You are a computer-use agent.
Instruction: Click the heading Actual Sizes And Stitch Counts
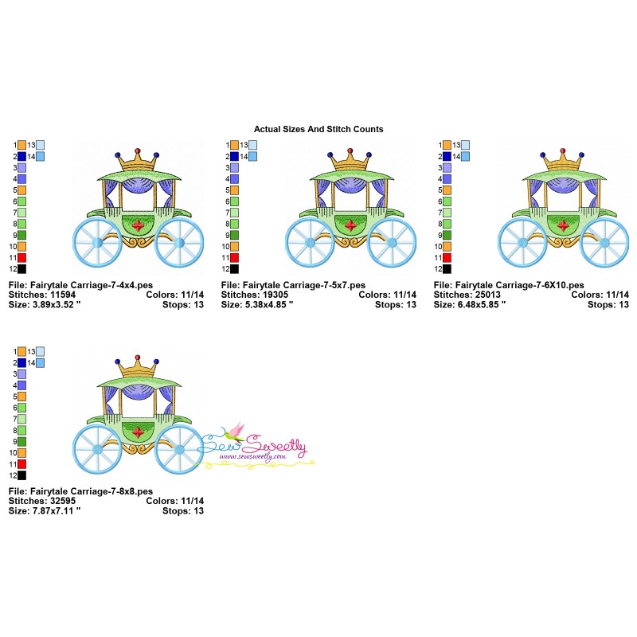click(318, 129)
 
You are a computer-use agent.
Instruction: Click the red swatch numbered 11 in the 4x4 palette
click(22, 257)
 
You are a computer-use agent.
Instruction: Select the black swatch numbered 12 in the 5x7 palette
click(234, 269)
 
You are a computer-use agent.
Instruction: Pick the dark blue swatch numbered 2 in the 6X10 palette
click(447, 156)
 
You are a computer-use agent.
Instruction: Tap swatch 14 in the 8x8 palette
click(41, 363)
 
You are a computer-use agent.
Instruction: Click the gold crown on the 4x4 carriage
click(137, 161)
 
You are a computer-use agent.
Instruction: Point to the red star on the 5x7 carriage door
click(350, 225)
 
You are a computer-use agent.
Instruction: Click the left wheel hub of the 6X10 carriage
click(523, 243)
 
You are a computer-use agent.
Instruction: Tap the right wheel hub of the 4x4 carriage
click(179, 243)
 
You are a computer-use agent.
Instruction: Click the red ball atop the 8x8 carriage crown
click(137, 357)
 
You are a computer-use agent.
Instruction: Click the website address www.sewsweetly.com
click(252, 456)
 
